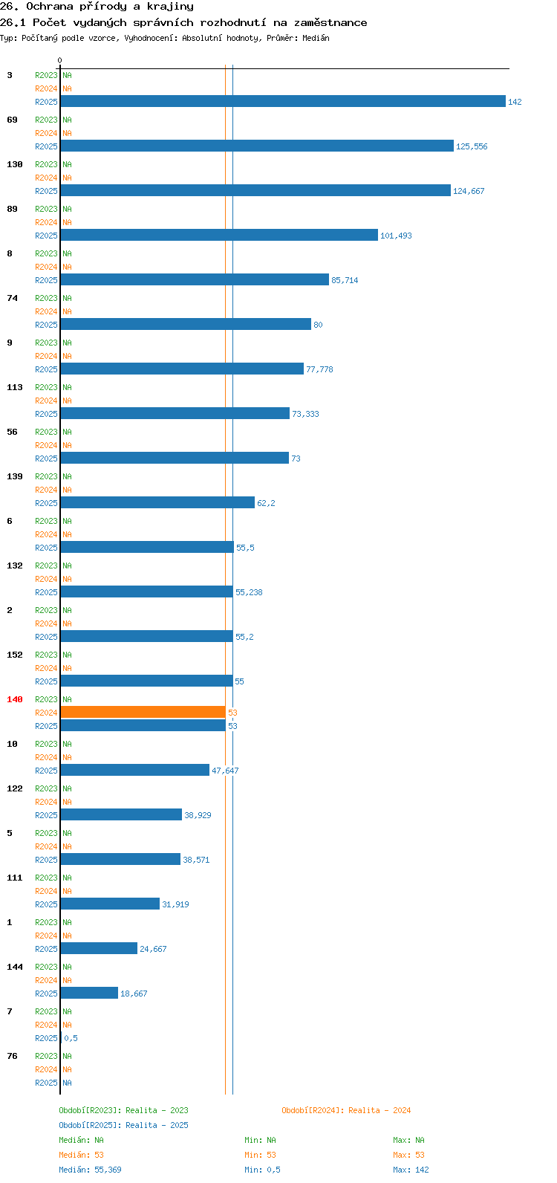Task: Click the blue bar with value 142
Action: click(283, 101)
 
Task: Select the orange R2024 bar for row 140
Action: click(143, 713)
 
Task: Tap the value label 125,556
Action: click(472, 146)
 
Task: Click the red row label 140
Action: click(15, 699)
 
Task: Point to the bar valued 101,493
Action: click(219, 235)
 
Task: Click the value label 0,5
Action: click(71, 1038)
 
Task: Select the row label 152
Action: click(15, 655)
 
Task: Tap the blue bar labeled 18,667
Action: click(89, 993)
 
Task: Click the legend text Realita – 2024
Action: click(380, 1111)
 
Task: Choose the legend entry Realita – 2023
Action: click(157, 1111)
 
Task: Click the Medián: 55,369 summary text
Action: click(90, 1170)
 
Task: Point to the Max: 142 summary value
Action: click(411, 1170)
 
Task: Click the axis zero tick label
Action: click(59, 60)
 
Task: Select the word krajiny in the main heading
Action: click(170, 7)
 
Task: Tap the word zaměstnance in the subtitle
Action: click(330, 23)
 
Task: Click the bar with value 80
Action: click(186, 324)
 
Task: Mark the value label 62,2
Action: click(266, 503)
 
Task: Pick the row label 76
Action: click(12, 1056)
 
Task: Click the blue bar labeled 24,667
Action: click(99, 948)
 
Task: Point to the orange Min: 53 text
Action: click(260, 1155)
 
